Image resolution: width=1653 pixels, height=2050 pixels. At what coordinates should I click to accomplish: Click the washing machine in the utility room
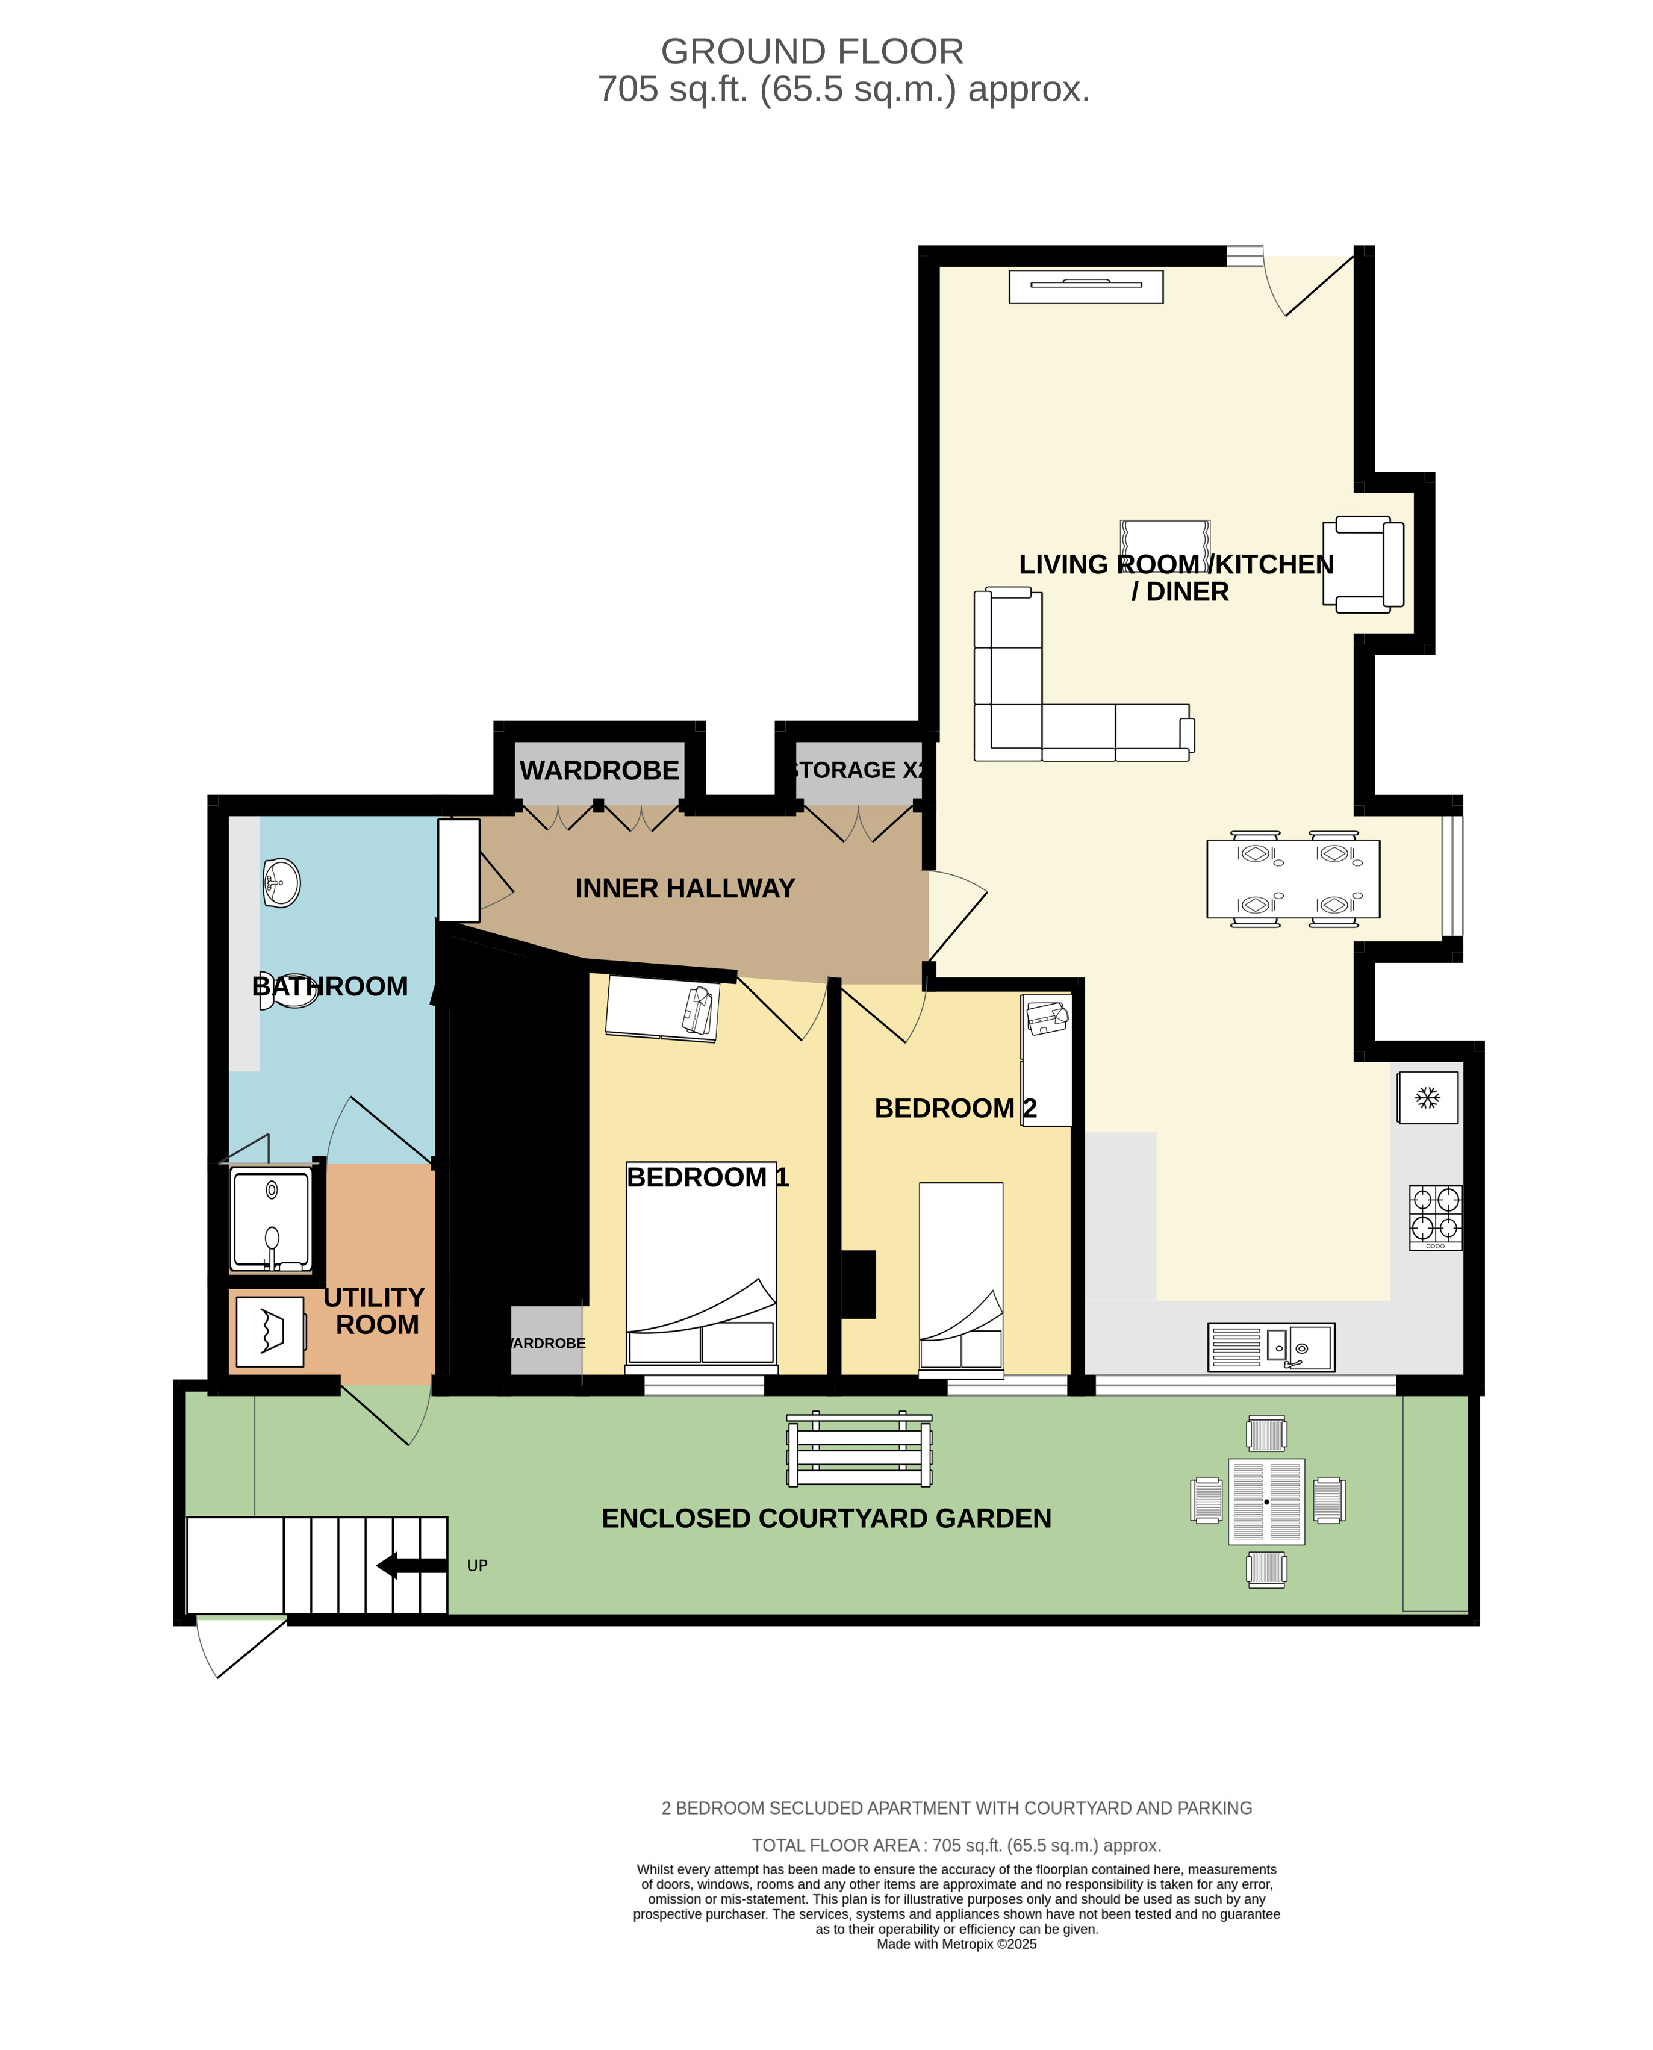pyautogui.click(x=270, y=1331)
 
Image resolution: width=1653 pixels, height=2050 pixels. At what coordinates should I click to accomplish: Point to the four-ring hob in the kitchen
pyautogui.click(x=1435, y=1217)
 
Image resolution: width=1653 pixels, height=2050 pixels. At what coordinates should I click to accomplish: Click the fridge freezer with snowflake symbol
pyautogui.click(x=1427, y=1098)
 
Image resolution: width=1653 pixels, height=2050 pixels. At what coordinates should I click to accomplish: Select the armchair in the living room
pyautogui.click(x=1363, y=565)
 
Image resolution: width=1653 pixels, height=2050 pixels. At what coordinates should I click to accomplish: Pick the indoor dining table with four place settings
pyautogui.click(x=1292, y=879)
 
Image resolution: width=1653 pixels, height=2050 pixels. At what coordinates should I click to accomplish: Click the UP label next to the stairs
pyautogui.click(x=477, y=1565)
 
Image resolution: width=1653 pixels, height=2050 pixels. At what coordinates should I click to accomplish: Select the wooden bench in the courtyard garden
pyautogui.click(x=859, y=1449)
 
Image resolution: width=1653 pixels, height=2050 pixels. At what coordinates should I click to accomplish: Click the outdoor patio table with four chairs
pyautogui.click(x=1266, y=1501)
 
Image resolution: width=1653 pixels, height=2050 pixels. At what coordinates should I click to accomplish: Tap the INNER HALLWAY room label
pyautogui.click(x=685, y=888)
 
